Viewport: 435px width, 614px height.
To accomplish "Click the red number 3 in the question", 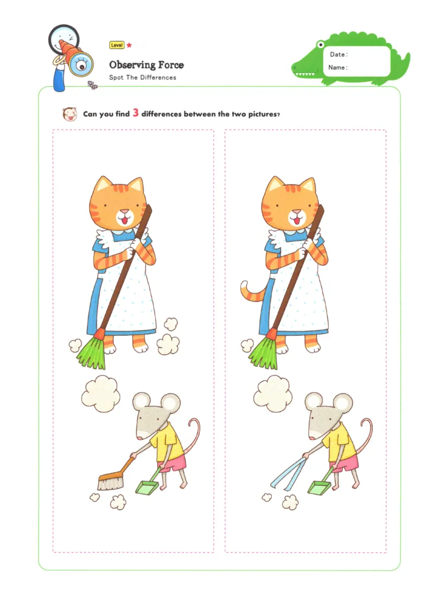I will [x=136, y=113].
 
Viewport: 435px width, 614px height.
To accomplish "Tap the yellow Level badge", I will [x=116, y=46].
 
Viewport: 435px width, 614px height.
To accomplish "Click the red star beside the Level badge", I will [x=129, y=46].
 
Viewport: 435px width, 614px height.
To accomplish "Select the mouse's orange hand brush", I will [x=112, y=479].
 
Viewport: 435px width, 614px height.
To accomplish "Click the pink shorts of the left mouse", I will [x=173, y=463].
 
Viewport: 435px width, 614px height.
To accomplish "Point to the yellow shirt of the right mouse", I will [x=340, y=441].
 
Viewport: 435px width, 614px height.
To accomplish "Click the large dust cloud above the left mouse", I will [x=101, y=392].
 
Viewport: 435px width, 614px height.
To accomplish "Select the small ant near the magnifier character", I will [x=92, y=84].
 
